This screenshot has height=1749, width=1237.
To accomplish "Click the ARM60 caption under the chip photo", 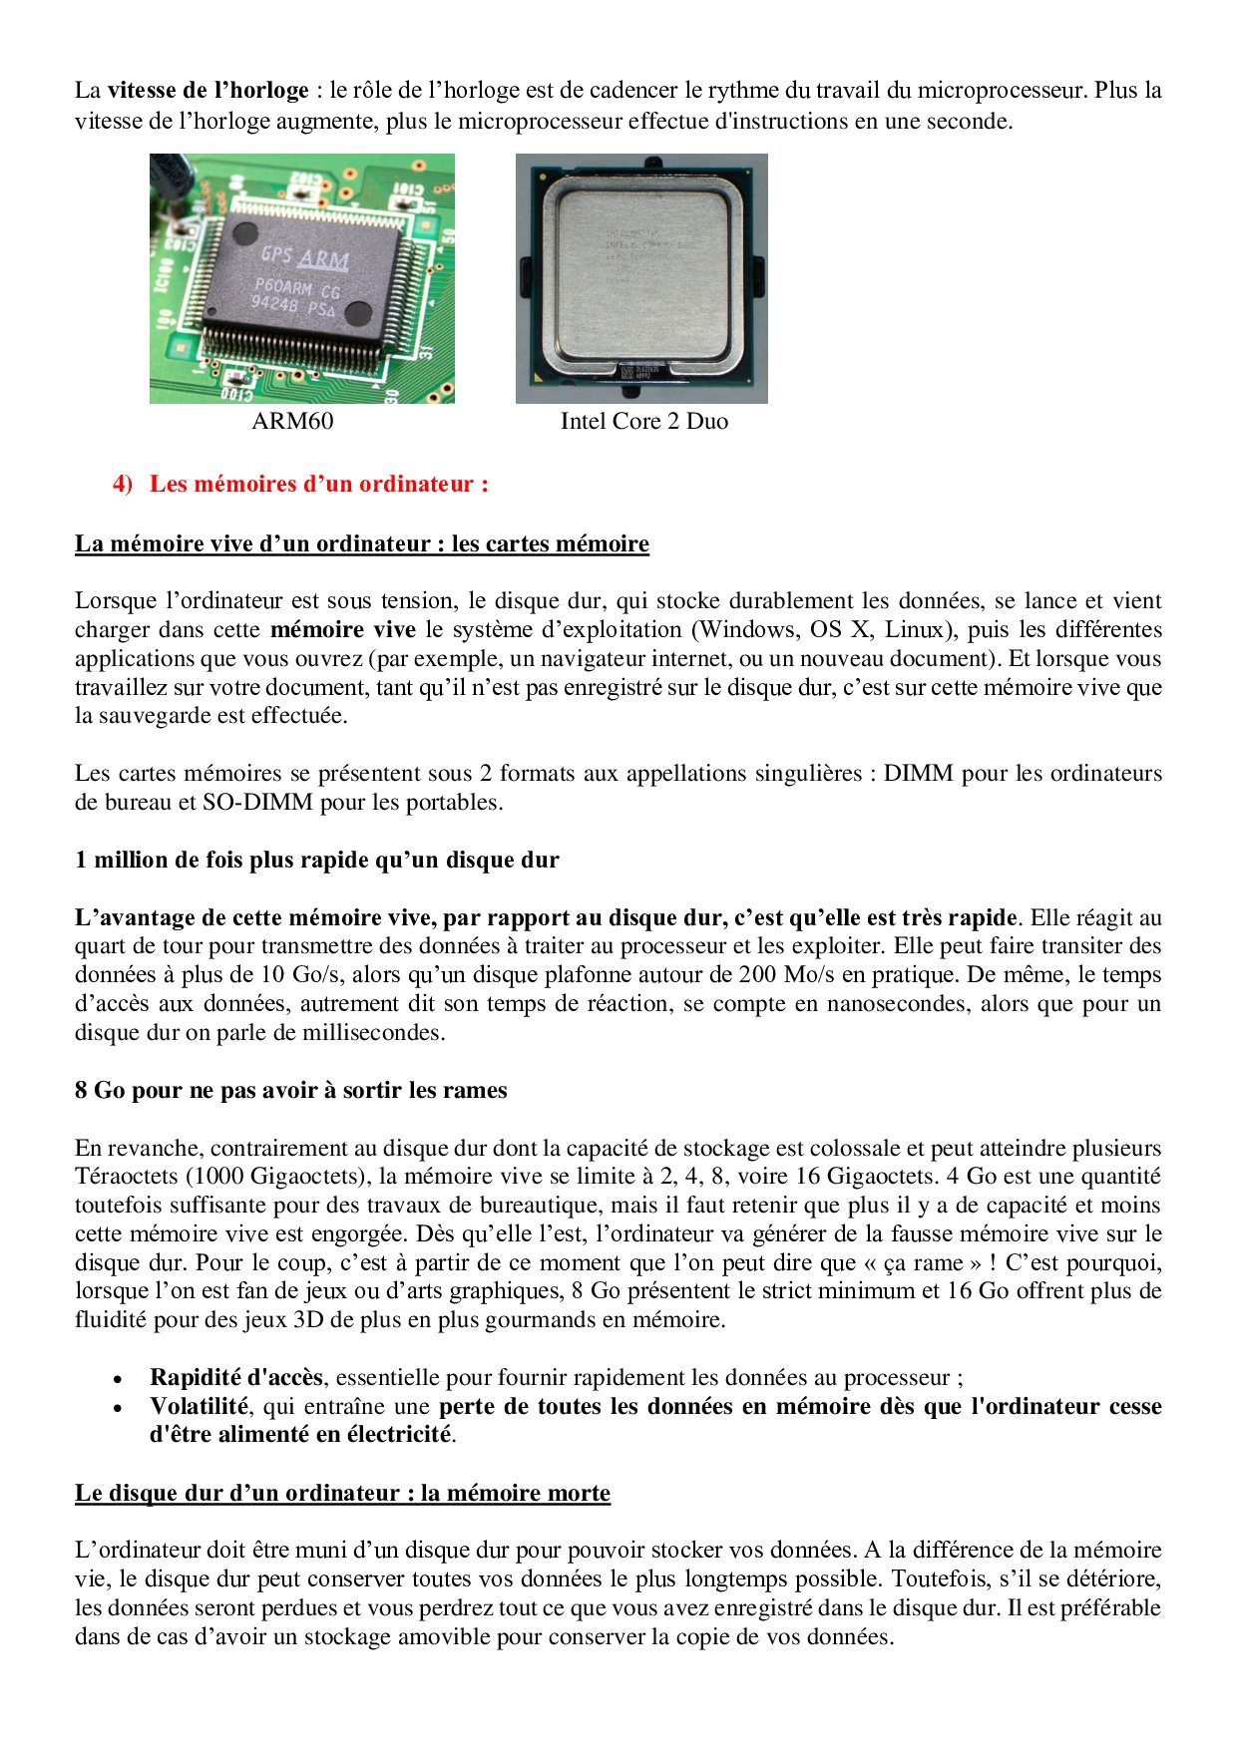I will tap(292, 421).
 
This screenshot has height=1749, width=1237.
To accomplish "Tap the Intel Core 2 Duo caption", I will tap(643, 421).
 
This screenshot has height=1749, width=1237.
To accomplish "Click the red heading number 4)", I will tap(122, 485).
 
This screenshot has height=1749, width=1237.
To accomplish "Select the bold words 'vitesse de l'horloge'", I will tap(207, 91).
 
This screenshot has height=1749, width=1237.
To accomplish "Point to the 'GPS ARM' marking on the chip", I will tap(304, 257).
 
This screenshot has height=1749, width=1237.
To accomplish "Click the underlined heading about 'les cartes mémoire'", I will tap(361, 543).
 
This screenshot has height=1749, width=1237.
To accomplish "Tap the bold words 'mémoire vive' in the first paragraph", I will tap(342, 630).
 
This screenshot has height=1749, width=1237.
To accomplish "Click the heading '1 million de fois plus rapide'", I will tap(316, 860).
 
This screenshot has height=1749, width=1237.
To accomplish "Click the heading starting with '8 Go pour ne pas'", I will tap(290, 1091).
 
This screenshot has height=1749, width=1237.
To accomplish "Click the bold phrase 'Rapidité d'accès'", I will tap(235, 1378).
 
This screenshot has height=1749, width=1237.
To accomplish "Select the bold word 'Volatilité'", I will tap(199, 1407).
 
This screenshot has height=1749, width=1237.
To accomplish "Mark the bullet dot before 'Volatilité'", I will tap(118, 1409).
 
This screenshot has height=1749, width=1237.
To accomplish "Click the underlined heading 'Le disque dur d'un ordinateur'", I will tap(342, 1494).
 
